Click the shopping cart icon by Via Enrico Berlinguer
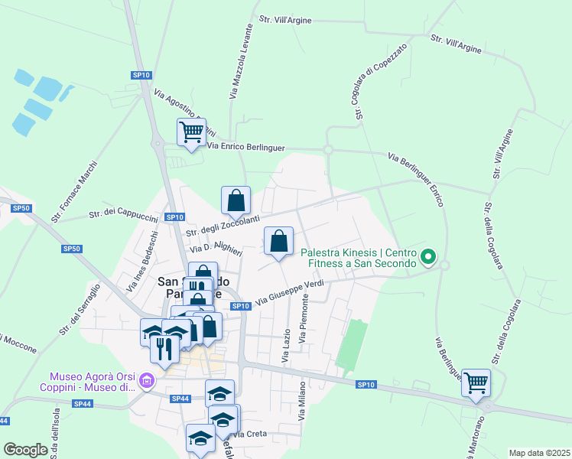190,132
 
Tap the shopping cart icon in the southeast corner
477,382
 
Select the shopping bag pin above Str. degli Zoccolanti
236,200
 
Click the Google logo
25,450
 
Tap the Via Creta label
249,435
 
